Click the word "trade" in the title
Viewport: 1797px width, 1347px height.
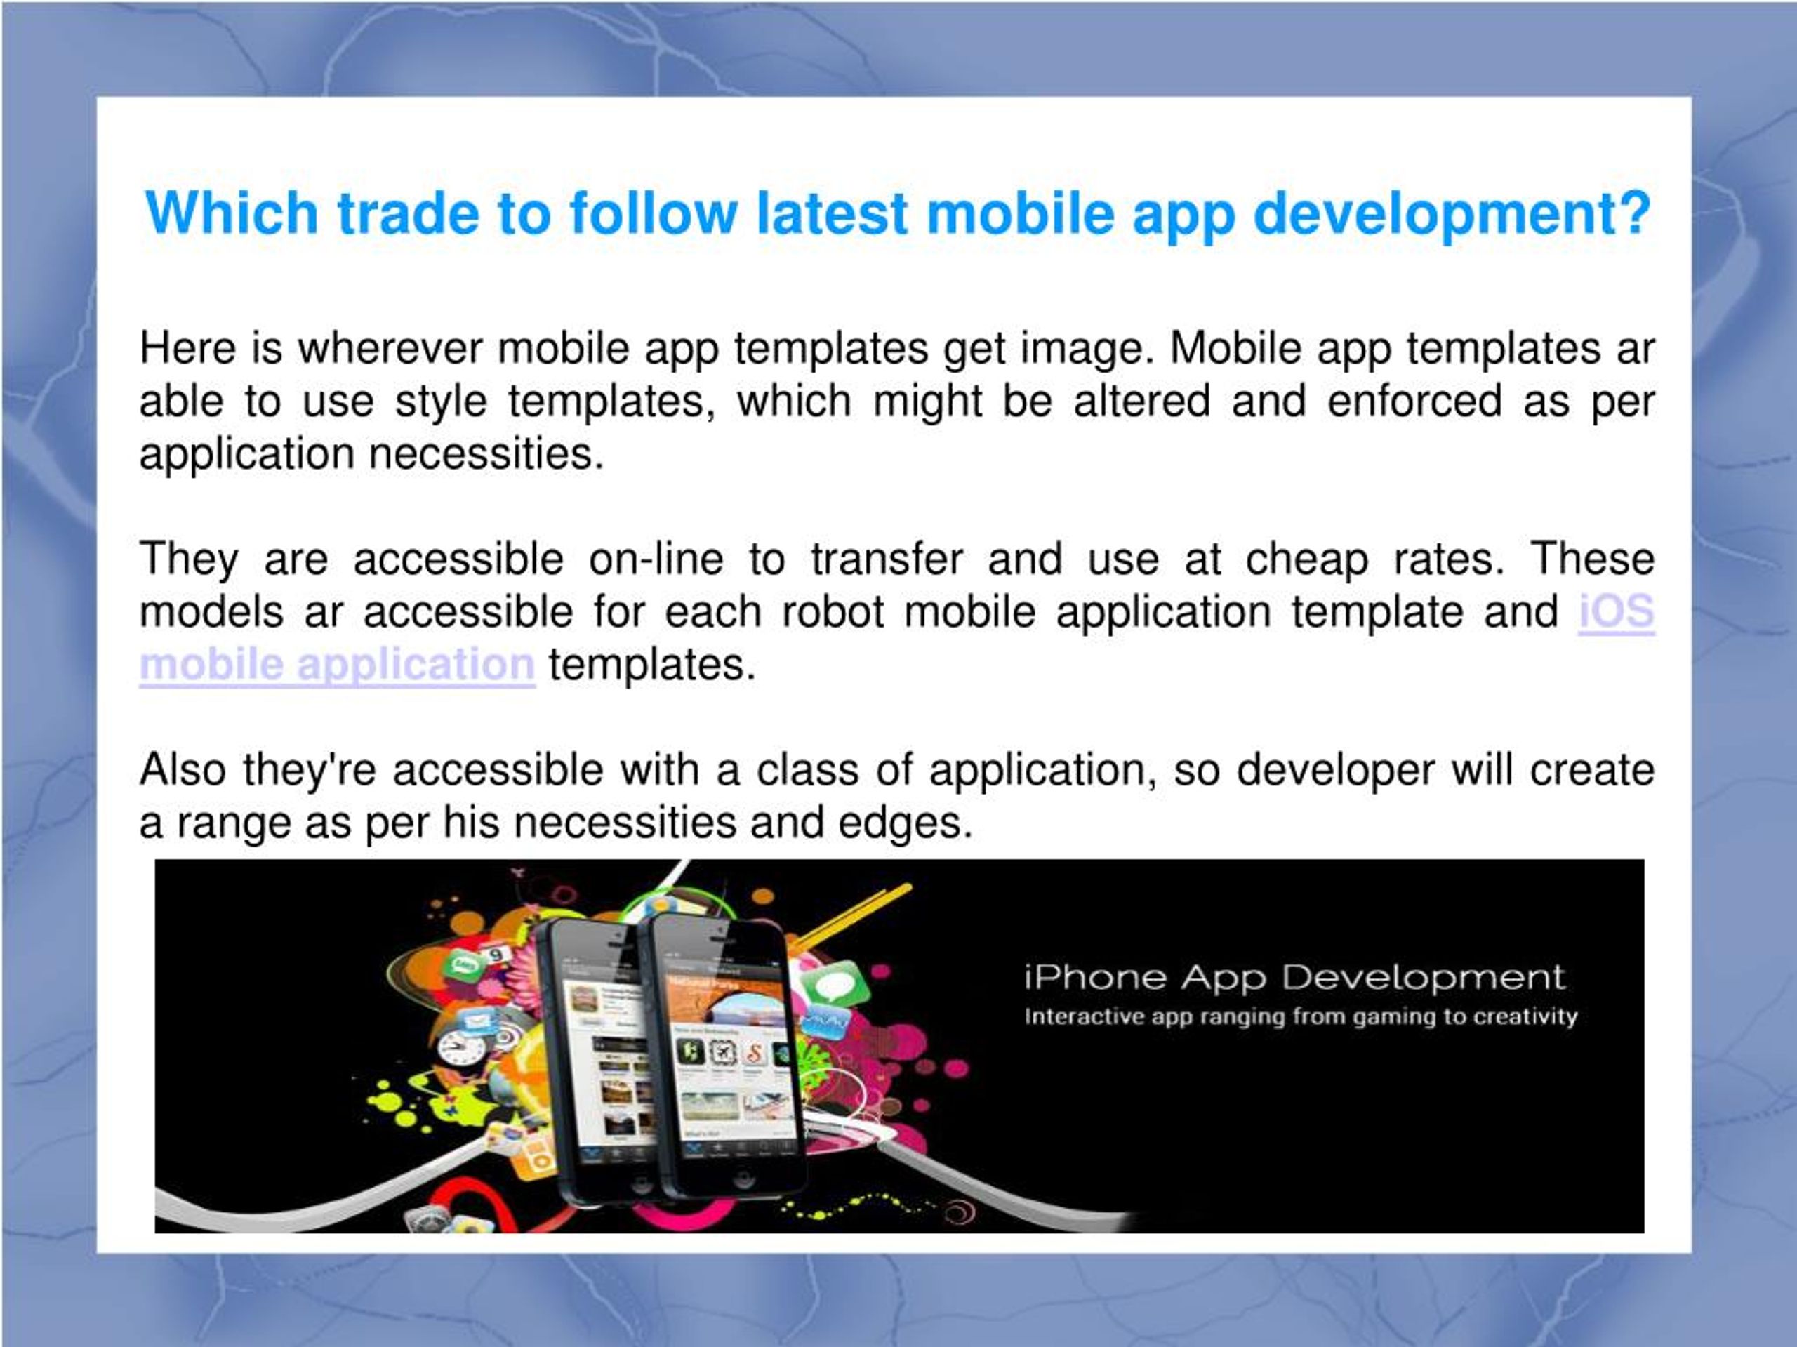click(407, 213)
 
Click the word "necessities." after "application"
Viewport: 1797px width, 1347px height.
click(486, 454)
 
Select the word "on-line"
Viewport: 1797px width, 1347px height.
click(656, 559)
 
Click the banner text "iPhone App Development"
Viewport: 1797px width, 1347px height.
click(1294, 977)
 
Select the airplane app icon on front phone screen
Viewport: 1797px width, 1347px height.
click(722, 1054)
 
